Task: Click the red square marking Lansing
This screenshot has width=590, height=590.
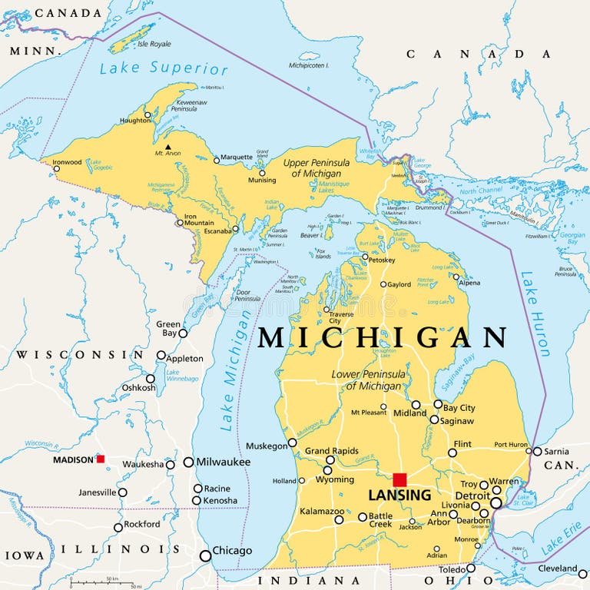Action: point(399,479)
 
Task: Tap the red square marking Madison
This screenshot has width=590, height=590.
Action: point(101,459)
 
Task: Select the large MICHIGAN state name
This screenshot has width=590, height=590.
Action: point(382,337)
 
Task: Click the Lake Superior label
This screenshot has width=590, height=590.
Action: point(164,68)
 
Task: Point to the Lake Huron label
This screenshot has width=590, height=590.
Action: point(535,313)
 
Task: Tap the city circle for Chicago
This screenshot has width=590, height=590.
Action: point(205,555)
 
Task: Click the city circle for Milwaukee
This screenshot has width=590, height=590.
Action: point(188,462)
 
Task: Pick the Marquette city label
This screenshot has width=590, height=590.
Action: point(237,157)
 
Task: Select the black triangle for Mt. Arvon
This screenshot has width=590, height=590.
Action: point(167,146)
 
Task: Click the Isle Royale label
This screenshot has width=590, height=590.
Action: point(151,44)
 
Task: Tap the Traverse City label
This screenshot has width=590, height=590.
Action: point(341,317)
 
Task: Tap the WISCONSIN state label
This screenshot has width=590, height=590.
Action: point(80,355)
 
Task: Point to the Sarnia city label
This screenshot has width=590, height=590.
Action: point(556,451)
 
